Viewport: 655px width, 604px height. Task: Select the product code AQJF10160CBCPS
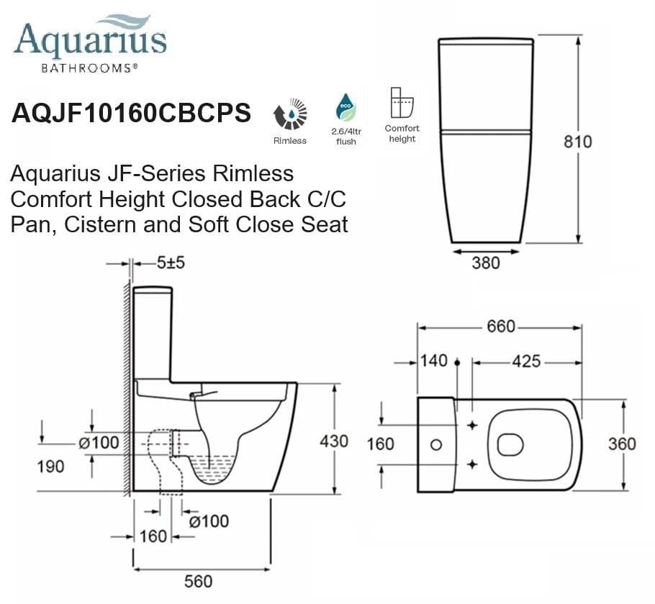click(x=131, y=113)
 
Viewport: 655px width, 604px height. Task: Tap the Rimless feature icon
click(x=290, y=115)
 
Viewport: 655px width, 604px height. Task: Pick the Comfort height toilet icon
click(x=402, y=103)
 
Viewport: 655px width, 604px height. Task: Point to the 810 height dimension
click(x=577, y=141)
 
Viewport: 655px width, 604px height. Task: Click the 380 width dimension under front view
click(x=485, y=263)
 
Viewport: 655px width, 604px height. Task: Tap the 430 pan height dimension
click(x=334, y=441)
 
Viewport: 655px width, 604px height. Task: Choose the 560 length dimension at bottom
click(x=199, y=581)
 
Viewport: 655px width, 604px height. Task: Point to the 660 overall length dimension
click(x=501, y=326)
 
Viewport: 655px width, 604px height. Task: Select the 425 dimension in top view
click(x=526, y=361)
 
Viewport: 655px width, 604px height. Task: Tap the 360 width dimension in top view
click(x=622, y=443)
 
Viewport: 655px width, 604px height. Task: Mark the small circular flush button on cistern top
click(x=435, y=445)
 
